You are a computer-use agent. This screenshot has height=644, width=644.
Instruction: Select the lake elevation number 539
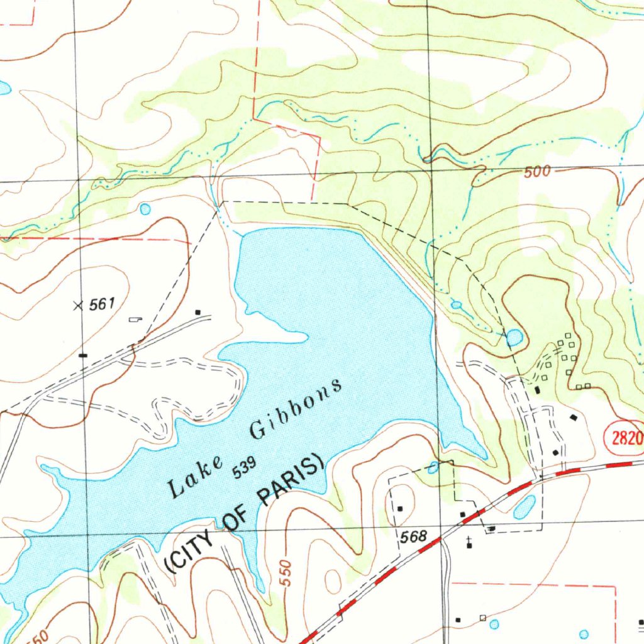(x=245, y=468)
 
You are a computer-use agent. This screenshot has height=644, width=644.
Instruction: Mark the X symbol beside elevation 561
(x=78, y=306)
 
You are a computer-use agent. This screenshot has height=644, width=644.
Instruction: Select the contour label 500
(x=537, y=171)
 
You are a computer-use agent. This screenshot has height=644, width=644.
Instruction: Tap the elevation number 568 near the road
(x=413, y=536)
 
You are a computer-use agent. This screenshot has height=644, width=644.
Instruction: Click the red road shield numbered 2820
(x=625, y=438)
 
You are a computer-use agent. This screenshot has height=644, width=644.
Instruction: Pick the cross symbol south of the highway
(x=469, y=540)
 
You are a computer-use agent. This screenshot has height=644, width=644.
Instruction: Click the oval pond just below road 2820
(x=525, y=506)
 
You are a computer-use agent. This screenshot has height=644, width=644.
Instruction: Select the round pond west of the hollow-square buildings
(x=514, y=338)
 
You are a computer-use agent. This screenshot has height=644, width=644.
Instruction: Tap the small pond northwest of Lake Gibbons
(x=146, y=208)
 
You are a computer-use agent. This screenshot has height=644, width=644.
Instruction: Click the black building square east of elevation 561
(x=197, y=312)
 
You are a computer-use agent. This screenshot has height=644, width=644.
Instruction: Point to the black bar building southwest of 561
(x=83, y=355)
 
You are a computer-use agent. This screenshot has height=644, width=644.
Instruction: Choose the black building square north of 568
(x=400, y=508)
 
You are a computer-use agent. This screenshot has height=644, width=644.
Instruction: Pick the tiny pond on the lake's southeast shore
(x=433, y=467)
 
